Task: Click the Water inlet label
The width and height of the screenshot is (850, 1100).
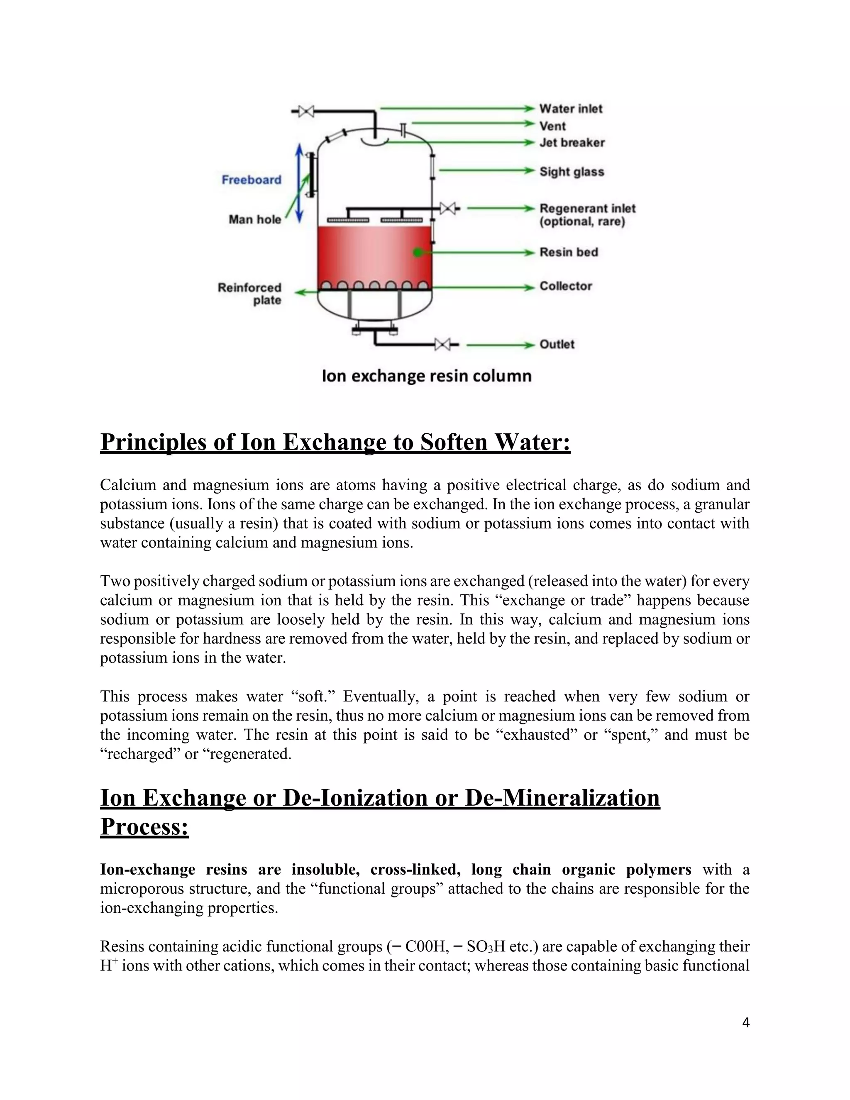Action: tap(571, 109)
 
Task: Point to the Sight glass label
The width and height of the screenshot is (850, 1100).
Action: tap(572, 172)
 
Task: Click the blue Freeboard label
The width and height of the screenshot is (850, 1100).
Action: tap(251, 180)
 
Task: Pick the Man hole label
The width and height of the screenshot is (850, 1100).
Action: tap(255, 219)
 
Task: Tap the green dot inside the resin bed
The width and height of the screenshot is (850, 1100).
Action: tap(418, 252)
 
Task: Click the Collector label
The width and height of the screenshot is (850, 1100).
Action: tap(566, 286)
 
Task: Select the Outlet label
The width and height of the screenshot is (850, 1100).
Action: tap(557, 345)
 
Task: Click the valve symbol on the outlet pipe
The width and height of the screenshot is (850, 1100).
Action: tap(442, 345)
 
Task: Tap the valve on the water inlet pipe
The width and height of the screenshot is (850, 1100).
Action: tap(305, 111)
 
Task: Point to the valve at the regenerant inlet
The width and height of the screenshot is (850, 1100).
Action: tap(448, 208)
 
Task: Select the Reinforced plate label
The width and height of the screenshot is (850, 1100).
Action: tap(250, 293)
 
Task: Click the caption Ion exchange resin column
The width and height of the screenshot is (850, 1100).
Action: tap(427, 376)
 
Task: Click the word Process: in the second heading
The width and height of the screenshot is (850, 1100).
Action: tap(144, 826)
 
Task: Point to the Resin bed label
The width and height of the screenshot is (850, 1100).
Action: tap(569, 252)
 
